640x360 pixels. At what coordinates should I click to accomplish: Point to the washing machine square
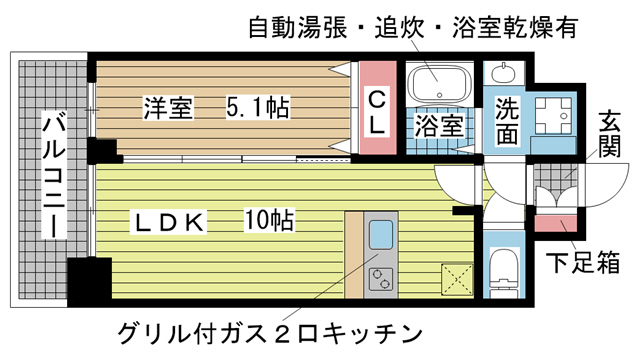(550, 114)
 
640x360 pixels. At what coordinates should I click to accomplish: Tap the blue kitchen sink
(382, 238)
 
